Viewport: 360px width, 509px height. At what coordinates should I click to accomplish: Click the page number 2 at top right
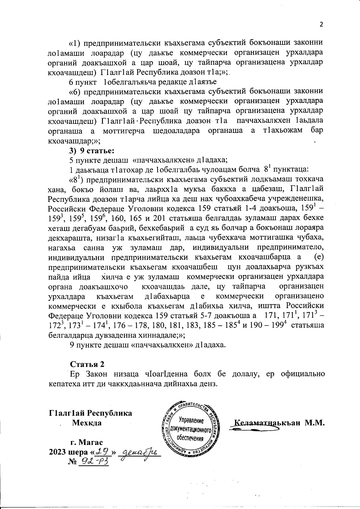[x=321, y=25]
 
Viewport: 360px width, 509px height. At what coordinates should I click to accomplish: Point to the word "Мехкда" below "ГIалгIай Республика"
[x=87, y=423]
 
